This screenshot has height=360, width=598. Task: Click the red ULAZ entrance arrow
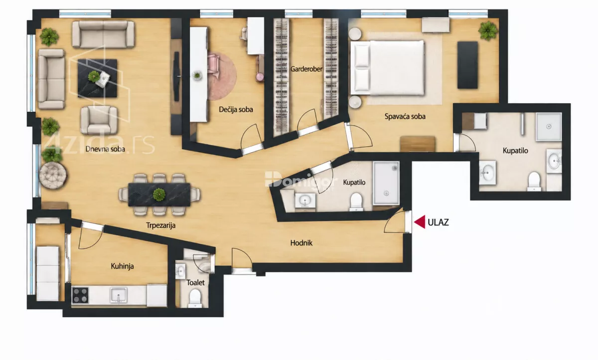[x=420, y=222]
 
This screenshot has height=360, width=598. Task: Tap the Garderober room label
[x=306, y=69]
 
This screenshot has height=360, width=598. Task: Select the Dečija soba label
[x=236, y=110]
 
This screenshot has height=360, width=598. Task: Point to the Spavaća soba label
[x=405, y=117]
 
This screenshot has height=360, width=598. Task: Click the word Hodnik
[x=301, y=243]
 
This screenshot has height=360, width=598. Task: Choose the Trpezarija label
[x=160, y=225]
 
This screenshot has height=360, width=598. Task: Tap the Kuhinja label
[x=122, y=266]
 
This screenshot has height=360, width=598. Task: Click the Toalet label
[x=195, y=283]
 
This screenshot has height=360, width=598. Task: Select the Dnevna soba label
[x=105, y=149]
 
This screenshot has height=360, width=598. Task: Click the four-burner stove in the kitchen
[x=80, y=295]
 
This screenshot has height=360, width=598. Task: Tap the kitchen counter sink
[x=118, y=295]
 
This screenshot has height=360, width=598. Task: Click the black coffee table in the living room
[x=97, y=78]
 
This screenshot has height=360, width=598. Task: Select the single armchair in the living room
[x=99, y=120]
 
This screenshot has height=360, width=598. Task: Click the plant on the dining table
[x=159, y=194]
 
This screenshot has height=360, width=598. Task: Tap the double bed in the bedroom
[x=387, y=68]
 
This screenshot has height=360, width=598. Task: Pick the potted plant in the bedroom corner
[x=488, y=31]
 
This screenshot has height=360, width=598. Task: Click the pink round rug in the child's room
[x=222, y=76]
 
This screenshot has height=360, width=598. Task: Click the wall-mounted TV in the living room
[x=176, y=76]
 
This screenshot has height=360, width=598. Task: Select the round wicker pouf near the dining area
[x=53, y=176]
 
